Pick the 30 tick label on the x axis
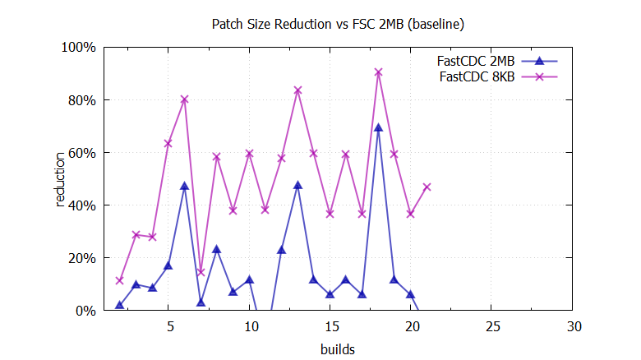coord(573,326)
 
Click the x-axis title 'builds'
coord(338,349)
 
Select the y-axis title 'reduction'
coord(60,179)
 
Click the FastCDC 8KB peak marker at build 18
coord(378,72)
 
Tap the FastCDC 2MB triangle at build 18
coord(378,127)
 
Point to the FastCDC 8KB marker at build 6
coord(184,99)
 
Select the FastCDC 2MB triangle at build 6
coord(184,187)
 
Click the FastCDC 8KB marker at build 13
coord(297,90)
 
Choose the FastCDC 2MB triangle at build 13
coord(297,185)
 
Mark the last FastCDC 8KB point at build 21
coord(427,187)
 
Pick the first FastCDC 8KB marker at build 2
coord(120,280)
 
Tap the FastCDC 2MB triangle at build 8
coord(217,249)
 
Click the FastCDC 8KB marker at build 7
coord(201,272)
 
